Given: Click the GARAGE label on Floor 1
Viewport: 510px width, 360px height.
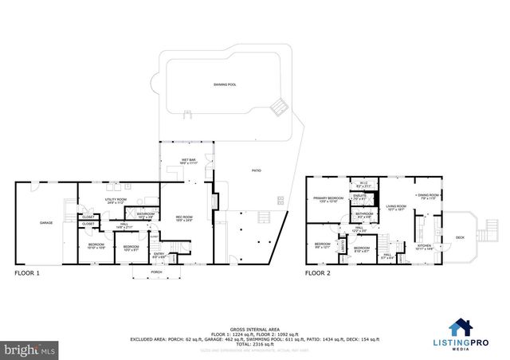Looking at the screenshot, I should click(47, 222).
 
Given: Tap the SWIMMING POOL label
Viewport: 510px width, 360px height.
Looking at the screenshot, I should click(226, 84).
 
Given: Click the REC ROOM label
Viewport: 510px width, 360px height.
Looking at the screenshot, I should click(185, 216).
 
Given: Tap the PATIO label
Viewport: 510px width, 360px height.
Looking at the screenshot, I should click(257, 170).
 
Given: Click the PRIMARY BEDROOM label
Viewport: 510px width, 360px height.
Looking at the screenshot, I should click(328, 198).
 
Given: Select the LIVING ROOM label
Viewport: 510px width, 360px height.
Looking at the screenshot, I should click(397, 206).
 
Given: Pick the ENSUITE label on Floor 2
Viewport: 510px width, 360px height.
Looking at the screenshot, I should click(359, 196).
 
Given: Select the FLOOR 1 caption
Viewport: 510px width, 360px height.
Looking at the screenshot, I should click(27, 273).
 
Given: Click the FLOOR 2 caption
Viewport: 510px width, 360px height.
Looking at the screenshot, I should click(318, 273).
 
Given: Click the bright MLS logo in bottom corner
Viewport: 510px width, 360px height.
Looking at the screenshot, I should click(30, 349).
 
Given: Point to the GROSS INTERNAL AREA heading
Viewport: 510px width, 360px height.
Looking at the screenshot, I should click(254, 328).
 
